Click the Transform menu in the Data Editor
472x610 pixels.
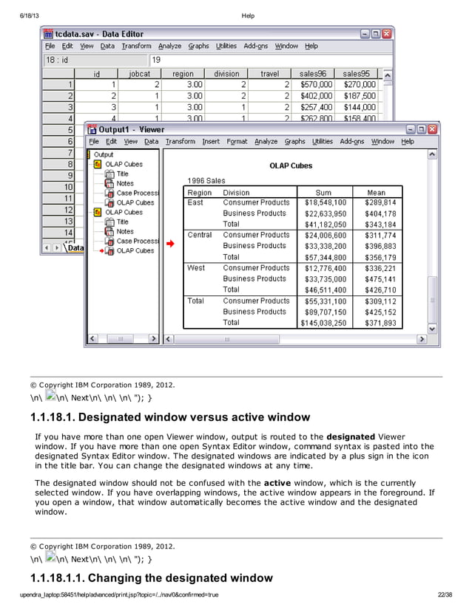136,46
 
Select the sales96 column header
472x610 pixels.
315,74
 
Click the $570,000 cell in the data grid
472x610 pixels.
315,85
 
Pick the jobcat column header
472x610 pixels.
139,74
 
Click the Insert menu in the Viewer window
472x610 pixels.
211,142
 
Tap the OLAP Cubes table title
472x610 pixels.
290,166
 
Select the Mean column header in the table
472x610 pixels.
376,193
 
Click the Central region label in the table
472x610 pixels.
200,235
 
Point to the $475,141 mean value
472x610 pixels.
380,279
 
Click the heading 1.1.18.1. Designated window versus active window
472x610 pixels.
169,418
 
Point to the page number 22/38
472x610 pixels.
445,594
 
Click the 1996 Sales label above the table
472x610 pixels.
206,181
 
